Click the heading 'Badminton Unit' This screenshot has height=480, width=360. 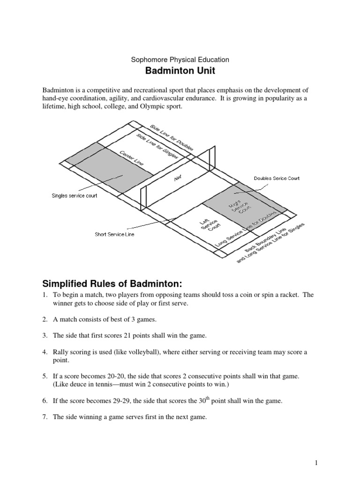tap(180, 72)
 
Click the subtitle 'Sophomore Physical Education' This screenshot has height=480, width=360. tap(180, 60)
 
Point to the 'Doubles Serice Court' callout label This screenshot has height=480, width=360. tap(277, 178)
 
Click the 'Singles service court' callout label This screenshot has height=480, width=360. tap(74, 195)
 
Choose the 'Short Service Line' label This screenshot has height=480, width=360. tap(114, 234)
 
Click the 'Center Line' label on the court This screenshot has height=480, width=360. tap(132, 157)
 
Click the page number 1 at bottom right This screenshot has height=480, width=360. tap(316, 463)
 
